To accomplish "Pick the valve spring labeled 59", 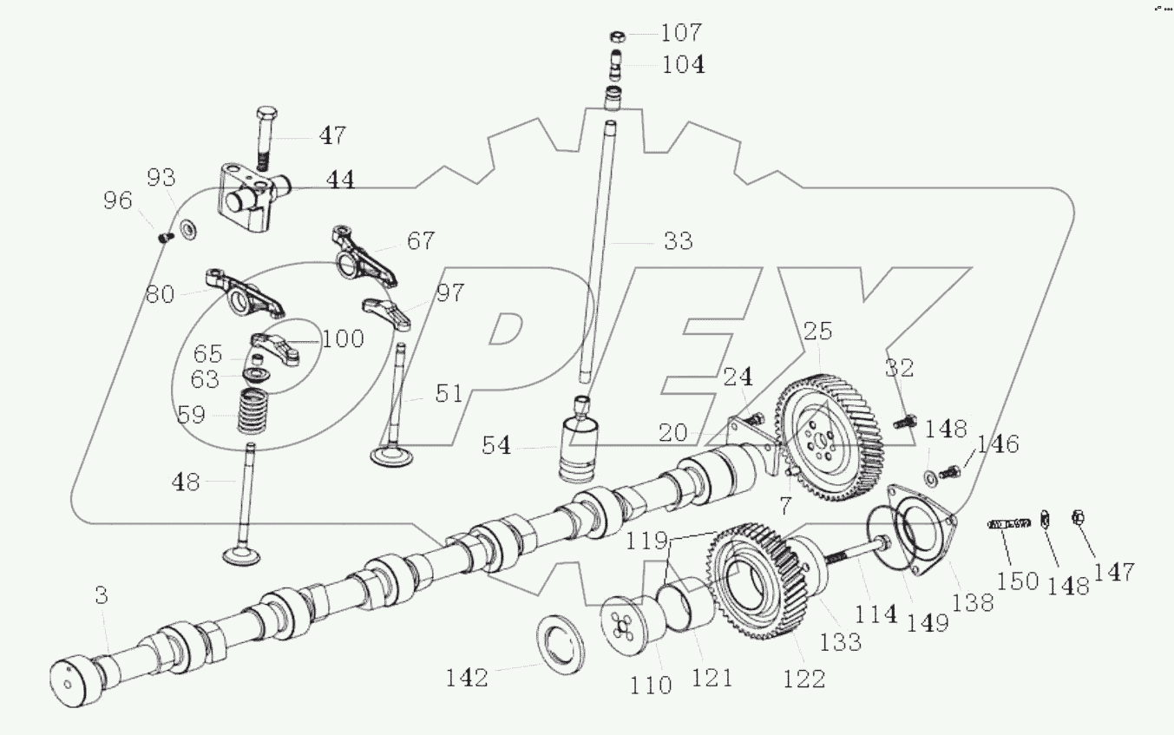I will click(253, 411).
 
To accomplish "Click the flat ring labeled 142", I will click(564, 642).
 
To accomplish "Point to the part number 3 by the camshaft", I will click(102, 595).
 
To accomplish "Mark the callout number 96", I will click(118, 201).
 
